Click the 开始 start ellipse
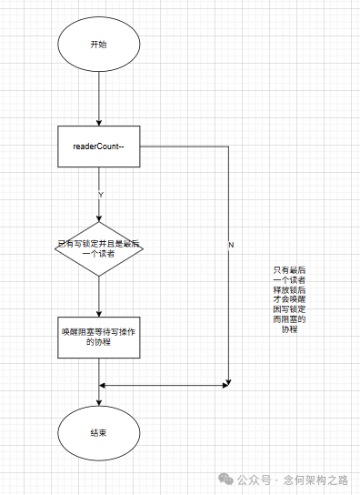pos(98,45)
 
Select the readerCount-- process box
pos(98,146)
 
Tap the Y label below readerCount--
pos(100,194)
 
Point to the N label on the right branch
pos(231,246)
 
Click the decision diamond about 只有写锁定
pos(98,248)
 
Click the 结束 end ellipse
pos(98,432)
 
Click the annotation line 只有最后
pos(289,270)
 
